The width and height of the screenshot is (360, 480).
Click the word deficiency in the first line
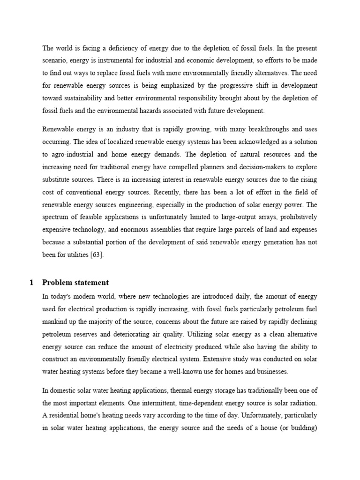[x=121, y=47]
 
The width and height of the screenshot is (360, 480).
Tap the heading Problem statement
[x=75, y=282]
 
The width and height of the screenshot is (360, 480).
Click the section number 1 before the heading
[x=31, y=282]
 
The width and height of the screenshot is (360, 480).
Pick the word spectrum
[x=56, y=217]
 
